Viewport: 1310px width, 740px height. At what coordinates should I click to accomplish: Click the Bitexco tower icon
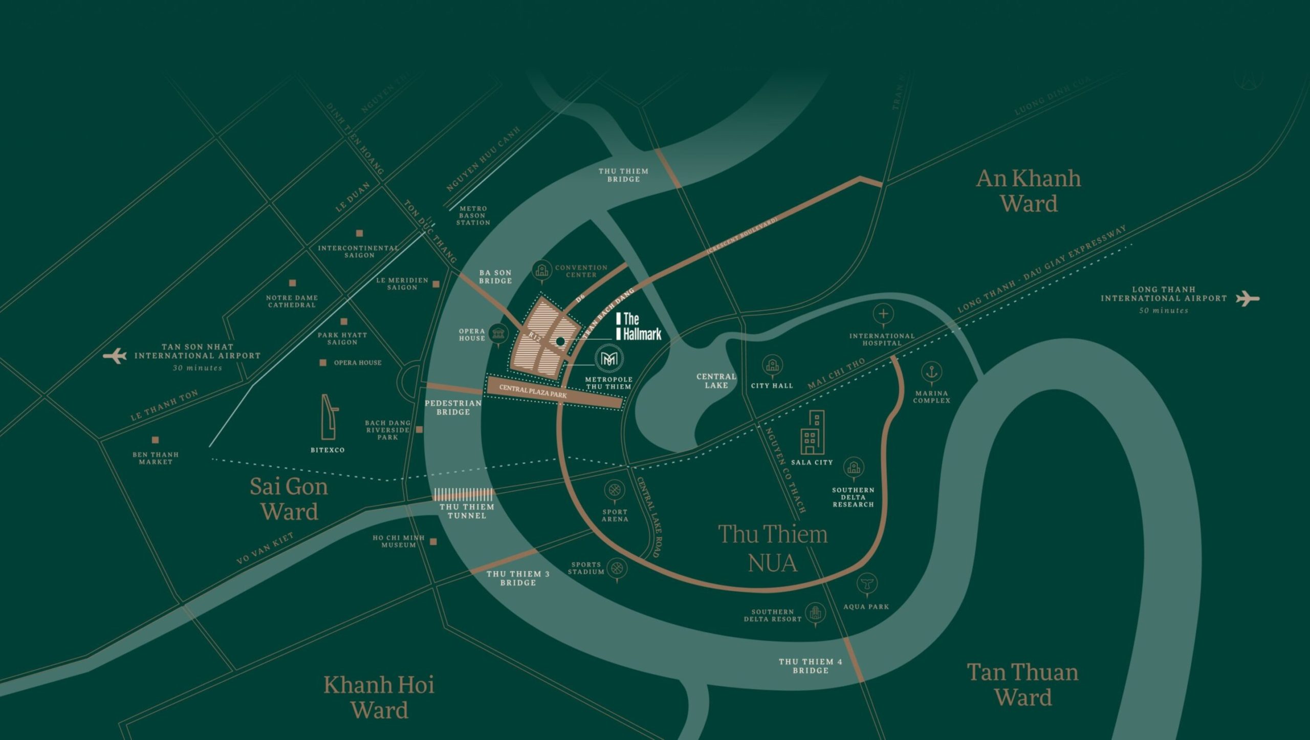pos(329,417)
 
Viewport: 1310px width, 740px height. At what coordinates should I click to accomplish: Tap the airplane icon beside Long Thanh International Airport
pos(1247,298)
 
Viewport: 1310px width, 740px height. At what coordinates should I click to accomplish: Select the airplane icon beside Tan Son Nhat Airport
pos(115,356)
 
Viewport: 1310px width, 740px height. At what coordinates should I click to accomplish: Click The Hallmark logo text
pos(639,327)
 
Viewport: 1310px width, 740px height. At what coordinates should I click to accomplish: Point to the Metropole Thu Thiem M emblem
pos(608,359)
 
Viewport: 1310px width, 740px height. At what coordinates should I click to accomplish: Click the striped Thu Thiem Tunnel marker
pos(464,494)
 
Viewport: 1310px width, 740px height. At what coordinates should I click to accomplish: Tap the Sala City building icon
pos(813,432)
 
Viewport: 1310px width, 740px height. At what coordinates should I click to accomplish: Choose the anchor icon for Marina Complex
pos(931,372)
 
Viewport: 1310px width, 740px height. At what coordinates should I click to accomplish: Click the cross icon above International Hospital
pos(883,313)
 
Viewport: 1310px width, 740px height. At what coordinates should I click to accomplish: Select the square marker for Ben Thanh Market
pos(155,440)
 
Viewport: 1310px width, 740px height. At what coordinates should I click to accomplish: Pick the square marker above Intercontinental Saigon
pos(359,233)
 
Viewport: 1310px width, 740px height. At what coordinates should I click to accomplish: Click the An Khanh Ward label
pos(1029,191)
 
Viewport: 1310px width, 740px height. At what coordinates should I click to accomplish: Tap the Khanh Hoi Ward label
pos(379,697)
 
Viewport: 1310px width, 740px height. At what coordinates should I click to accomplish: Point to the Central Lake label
pos(716,381)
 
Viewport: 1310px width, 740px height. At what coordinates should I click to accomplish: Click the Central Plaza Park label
pos(533,391)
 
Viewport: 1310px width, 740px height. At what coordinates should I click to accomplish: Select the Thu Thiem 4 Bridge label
pos(810,666)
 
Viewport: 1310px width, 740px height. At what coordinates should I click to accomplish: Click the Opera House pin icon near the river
pos(497,334)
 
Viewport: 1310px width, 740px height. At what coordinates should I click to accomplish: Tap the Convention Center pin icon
pos(541,270)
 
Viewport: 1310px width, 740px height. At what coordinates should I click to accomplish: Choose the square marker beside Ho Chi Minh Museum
pos(433,541)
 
